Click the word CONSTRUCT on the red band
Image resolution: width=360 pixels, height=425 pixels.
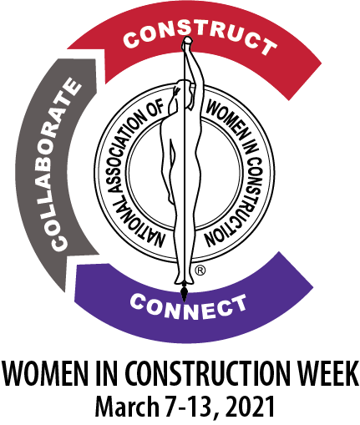point(200,39)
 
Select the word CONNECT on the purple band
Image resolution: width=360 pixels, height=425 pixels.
point(188,306)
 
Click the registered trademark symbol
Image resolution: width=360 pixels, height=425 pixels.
point(200,271)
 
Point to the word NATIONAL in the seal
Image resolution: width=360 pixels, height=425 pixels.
point(132,219)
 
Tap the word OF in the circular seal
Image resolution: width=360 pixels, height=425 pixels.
point(160,106)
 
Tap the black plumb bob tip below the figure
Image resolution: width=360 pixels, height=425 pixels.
point(184,293)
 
